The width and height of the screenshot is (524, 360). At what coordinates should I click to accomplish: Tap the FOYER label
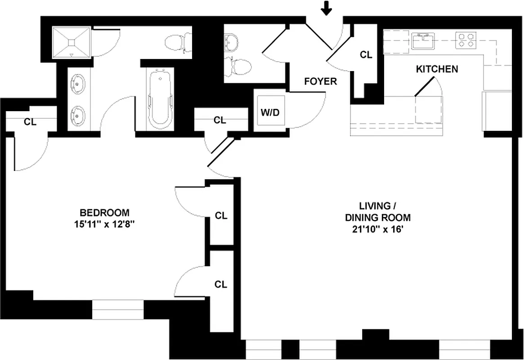pos(320,81)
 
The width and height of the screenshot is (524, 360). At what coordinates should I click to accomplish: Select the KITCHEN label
pos(437,69)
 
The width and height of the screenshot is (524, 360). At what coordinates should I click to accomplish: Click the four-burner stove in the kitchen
pos(466,40)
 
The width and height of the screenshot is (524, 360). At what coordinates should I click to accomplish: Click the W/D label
pos(270,112)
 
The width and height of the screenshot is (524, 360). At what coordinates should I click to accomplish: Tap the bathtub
pos(160,99)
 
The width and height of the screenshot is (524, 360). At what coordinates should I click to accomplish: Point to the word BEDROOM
pos(104,212)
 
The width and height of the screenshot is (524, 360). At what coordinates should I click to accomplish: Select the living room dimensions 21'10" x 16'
pos(378,229)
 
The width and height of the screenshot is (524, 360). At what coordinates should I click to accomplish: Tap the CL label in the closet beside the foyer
pos(366,55)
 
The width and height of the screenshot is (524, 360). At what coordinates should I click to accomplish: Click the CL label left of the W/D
pos(219,120)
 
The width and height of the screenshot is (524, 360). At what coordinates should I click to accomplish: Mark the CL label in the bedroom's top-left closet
pos(30,121)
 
